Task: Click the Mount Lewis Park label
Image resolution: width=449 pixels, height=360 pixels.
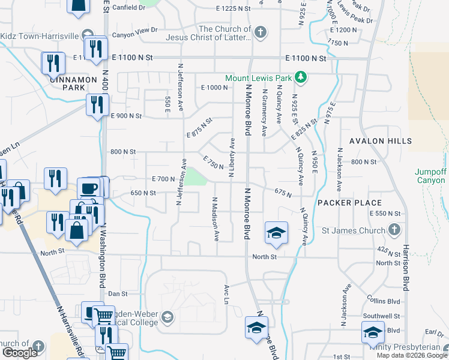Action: pyautogui.click(x=258, y=78)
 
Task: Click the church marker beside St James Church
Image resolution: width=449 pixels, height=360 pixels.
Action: pyautogui.click(x=394, y=229)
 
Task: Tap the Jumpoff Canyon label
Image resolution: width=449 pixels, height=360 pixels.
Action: pyautogui.click(x=430, y=176)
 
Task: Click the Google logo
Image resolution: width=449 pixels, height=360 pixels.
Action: pyautogui.click(x=20, y=353)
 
